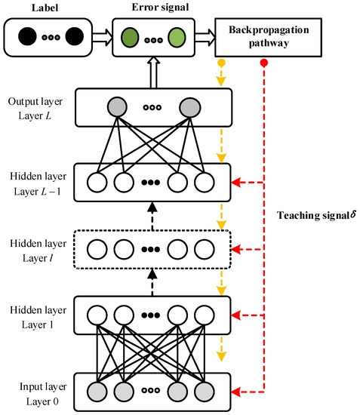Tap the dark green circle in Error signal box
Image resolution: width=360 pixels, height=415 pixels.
[x=129, y=37]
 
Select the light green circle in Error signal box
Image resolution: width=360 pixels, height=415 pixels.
[x=177, y=37]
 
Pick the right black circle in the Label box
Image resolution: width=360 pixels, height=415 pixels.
[x=74, y=37]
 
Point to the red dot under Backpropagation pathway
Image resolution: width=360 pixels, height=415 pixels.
[x=263, y=64]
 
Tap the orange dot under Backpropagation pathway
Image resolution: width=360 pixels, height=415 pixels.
[x=221, y=64]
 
